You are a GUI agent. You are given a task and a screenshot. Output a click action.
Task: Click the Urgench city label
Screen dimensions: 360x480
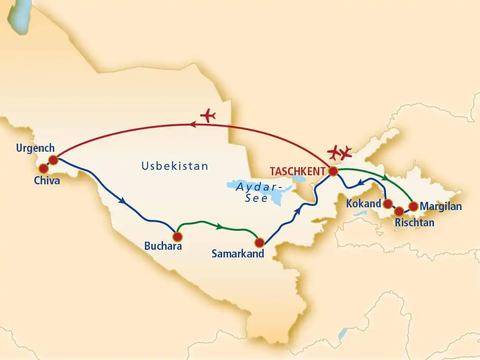(35, 148)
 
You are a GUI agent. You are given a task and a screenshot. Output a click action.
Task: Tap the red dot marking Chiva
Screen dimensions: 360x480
(43, 168)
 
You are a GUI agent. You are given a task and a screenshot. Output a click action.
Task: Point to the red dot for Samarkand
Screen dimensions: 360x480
(259, 243)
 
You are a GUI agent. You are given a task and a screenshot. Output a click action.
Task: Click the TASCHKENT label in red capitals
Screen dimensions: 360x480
(298, 172)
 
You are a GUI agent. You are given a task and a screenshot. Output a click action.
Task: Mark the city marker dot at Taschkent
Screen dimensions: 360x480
(333, 171)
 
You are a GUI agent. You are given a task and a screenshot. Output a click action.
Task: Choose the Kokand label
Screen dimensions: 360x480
(363, 204)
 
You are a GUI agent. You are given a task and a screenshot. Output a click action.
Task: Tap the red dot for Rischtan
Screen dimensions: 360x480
(399, 210)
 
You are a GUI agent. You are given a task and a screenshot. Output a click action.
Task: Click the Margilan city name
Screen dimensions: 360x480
(441, 207)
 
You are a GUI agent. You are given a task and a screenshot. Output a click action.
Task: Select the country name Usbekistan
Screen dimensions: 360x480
(175, 166)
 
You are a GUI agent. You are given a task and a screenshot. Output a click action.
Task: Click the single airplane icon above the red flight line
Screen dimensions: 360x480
(208, 116)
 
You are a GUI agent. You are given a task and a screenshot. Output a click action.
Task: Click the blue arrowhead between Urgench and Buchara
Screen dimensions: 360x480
(122, 202)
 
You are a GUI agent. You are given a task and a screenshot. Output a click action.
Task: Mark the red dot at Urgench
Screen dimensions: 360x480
(53, 159)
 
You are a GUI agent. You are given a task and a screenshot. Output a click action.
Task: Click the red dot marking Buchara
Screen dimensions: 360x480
(177, 236)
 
